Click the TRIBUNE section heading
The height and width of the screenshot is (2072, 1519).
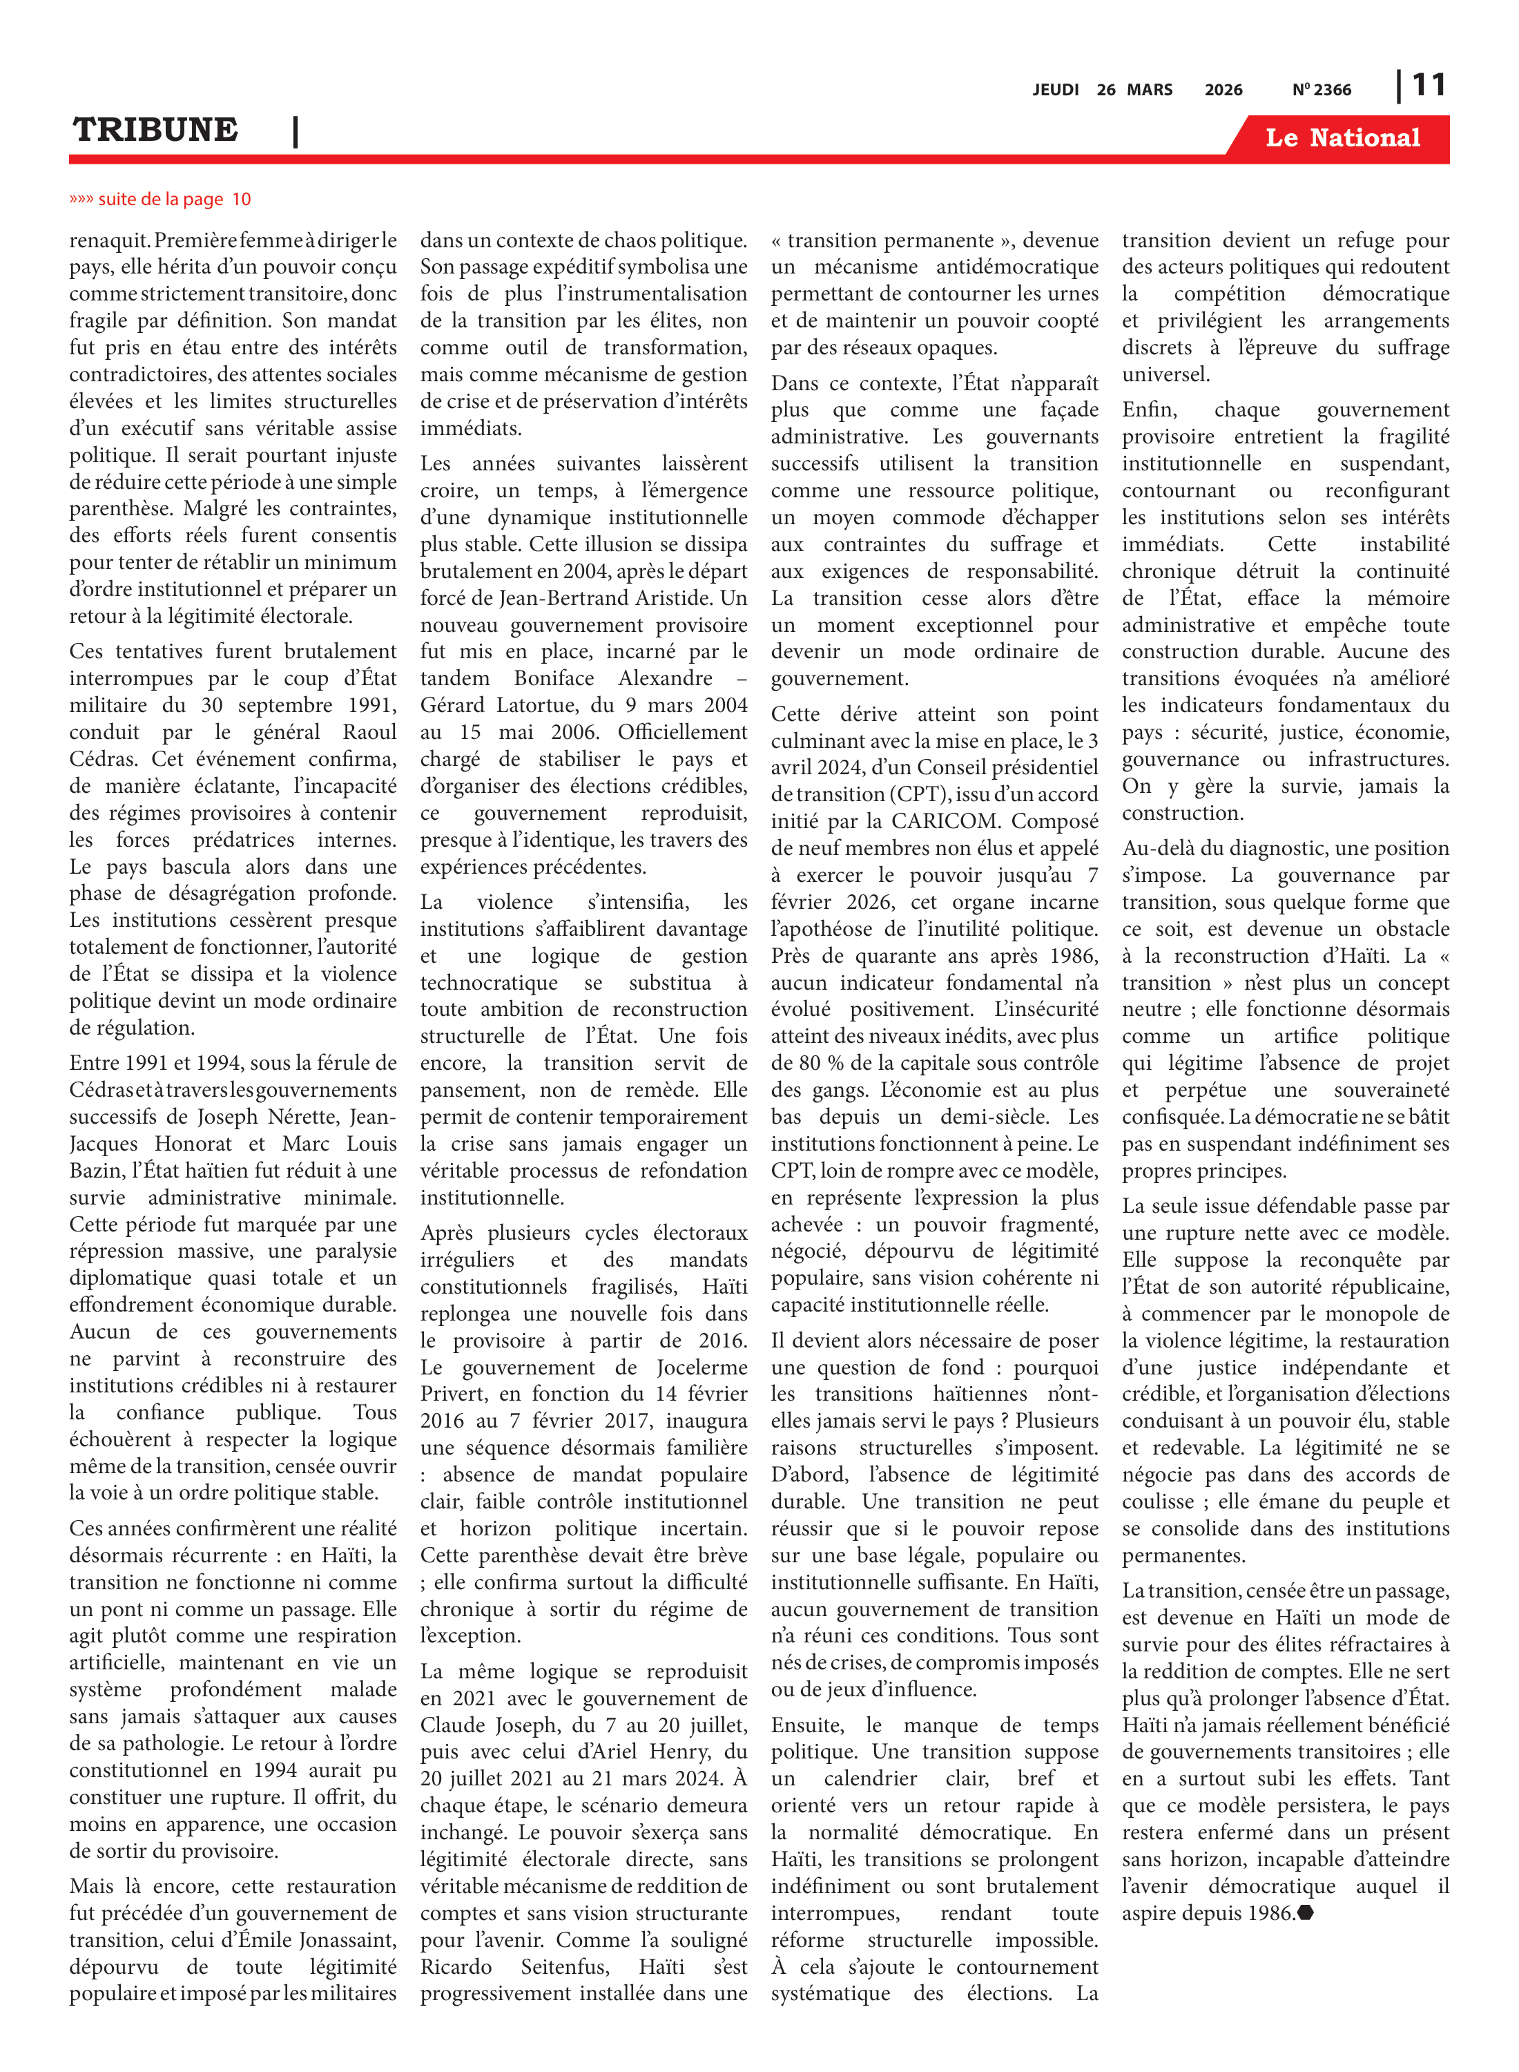tap(155, 130)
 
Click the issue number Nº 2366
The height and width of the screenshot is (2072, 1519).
tap(1322, 90)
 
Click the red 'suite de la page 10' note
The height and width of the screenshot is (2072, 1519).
tap(160, 200)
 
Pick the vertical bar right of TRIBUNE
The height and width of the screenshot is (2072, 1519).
tap(295, 131)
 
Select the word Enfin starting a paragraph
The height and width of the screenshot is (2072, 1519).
tap(1148, 410)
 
